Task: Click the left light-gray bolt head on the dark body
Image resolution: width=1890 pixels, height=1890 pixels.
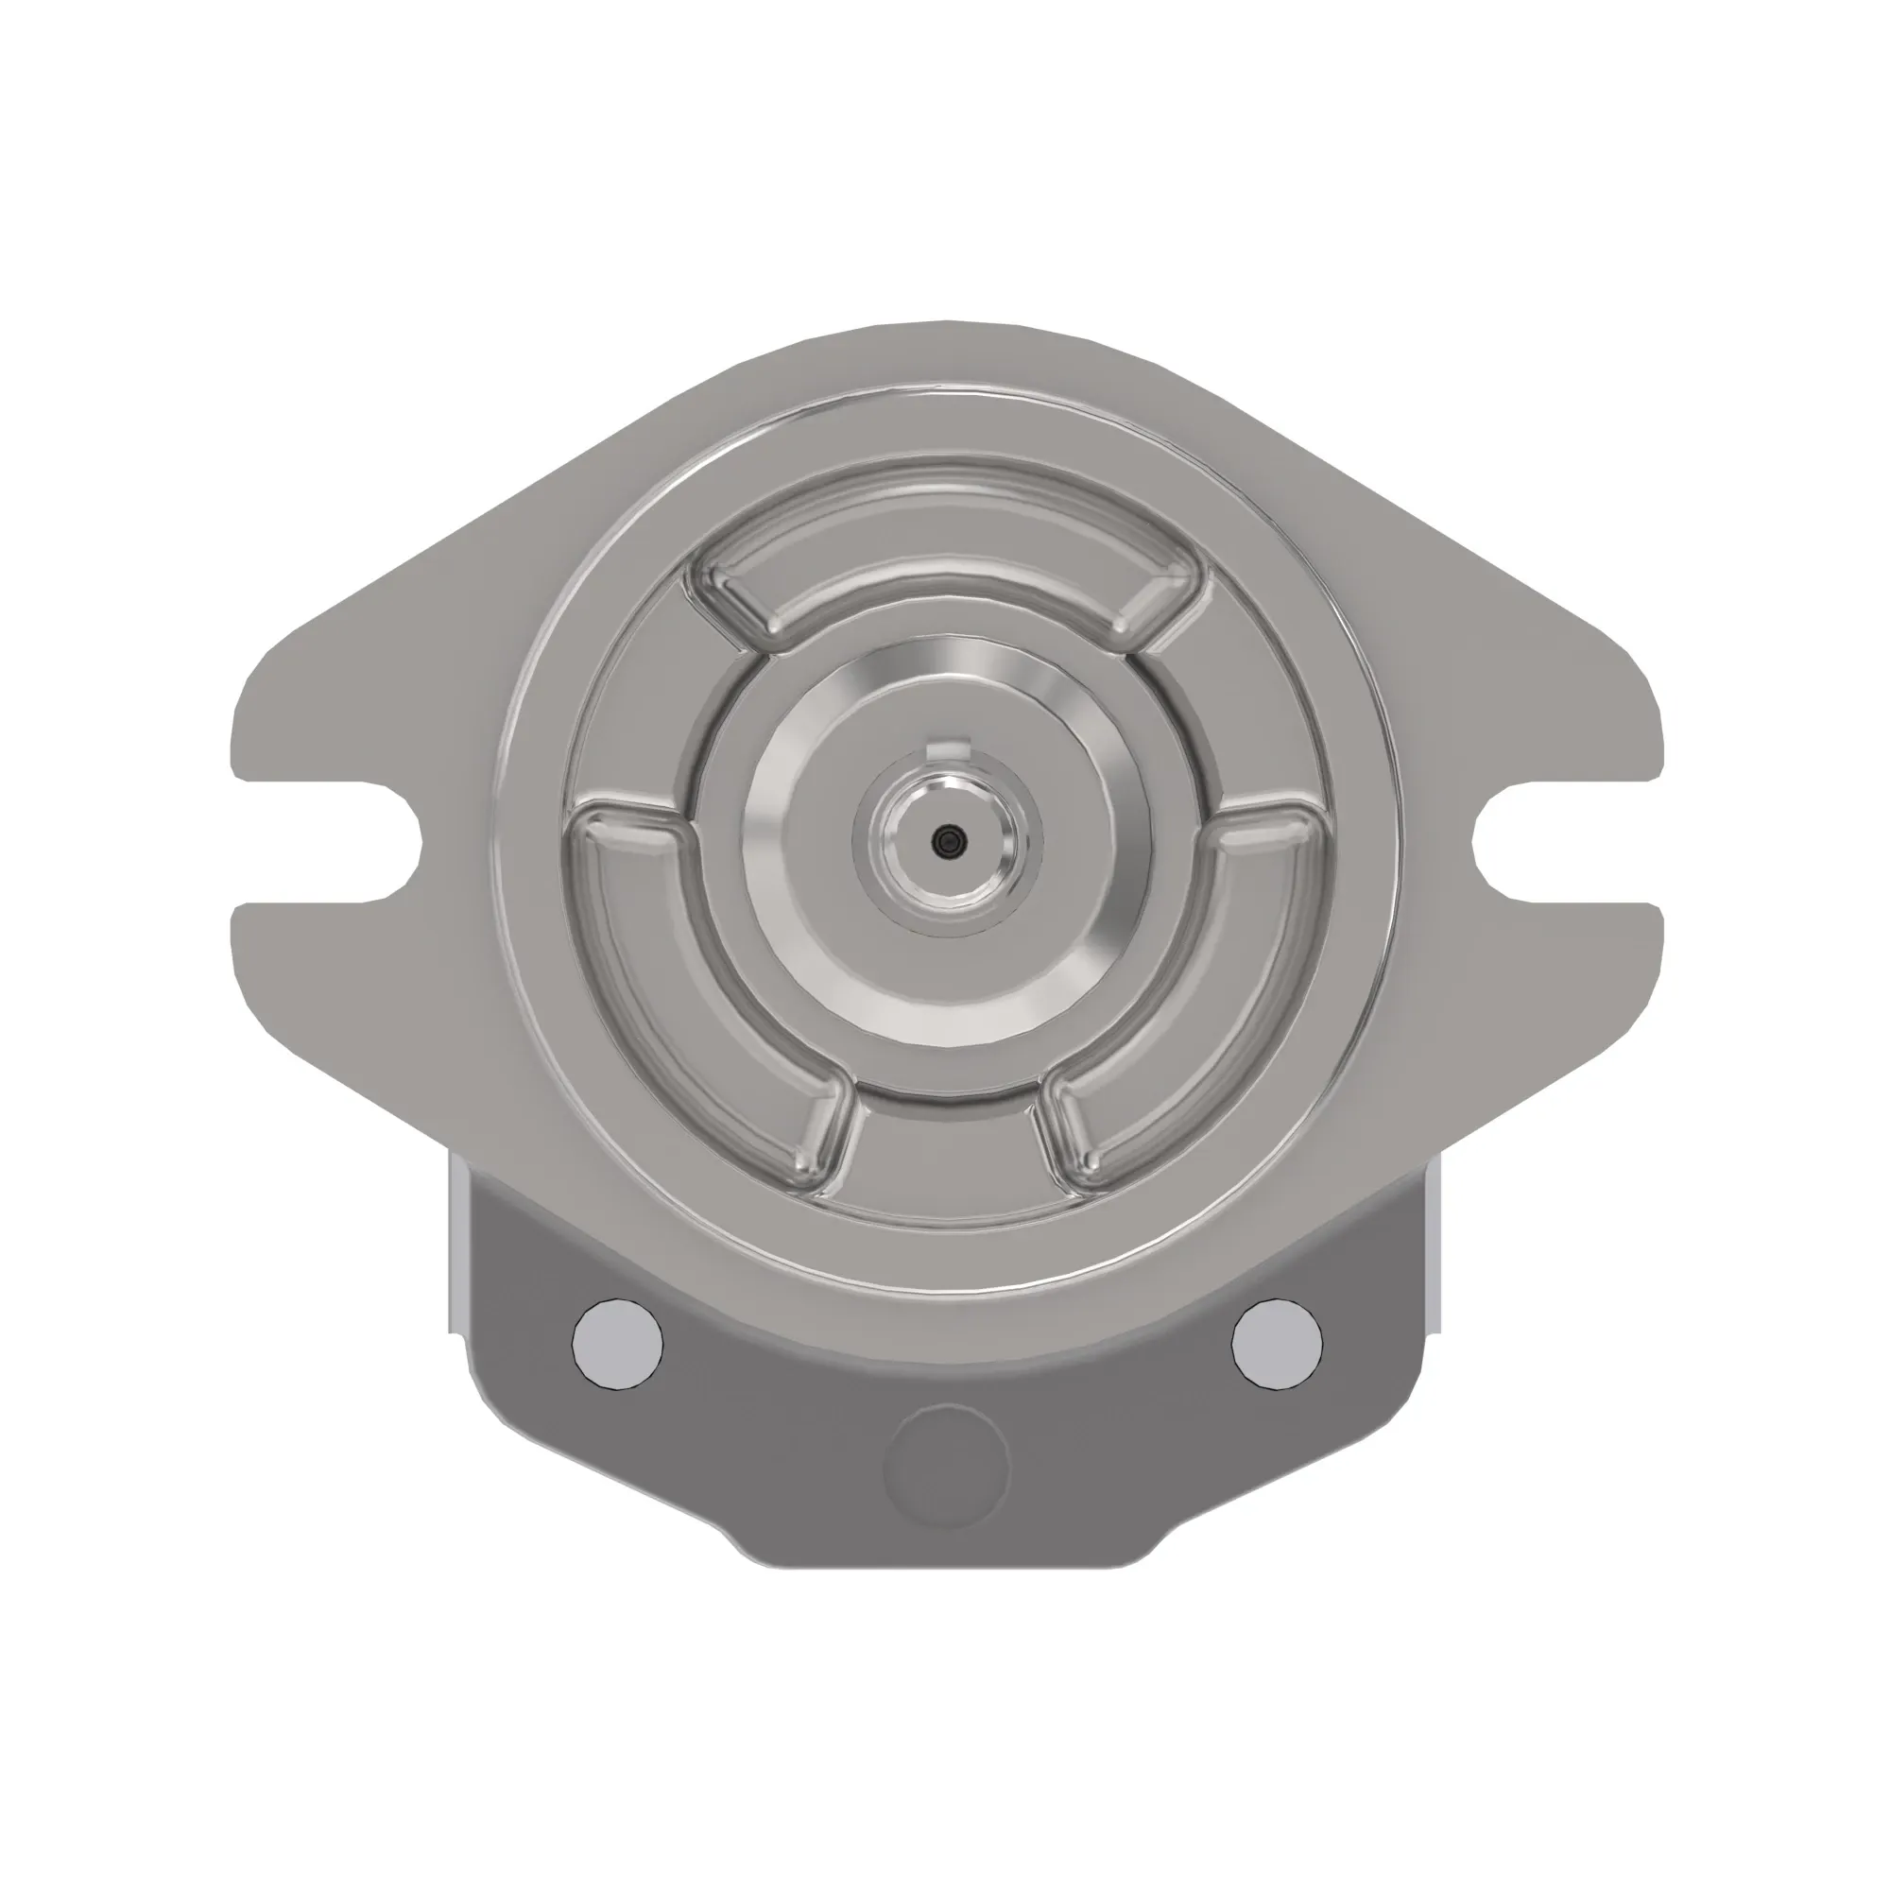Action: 616,1343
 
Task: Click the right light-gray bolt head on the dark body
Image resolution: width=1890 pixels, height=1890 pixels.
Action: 1277,1343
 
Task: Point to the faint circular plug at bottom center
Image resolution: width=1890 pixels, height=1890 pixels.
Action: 946,1467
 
